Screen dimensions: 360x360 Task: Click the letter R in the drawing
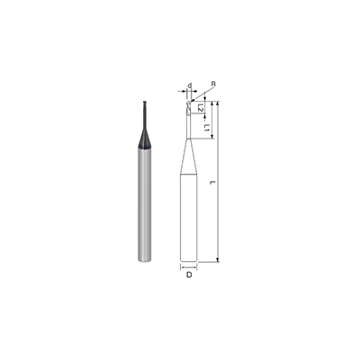[x=212, y=84]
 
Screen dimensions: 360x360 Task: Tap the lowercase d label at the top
[x=189, y=87]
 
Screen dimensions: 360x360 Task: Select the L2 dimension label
[x=200, y=109]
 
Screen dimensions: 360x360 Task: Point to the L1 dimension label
[x=207, y=127]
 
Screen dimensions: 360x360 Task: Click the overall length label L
[x=211, y=184]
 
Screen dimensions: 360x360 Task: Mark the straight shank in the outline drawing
[x=189, y=216]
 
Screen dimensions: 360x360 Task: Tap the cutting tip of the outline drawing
[x=189, y=104]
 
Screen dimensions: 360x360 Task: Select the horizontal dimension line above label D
[x=189, y=266]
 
